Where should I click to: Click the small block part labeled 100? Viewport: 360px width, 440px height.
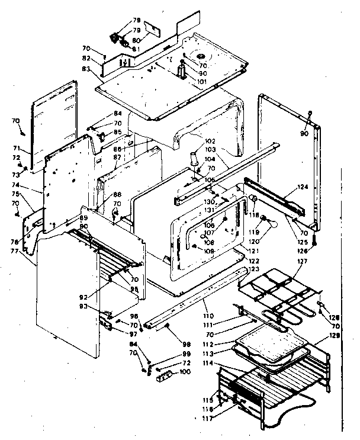tap(165, 375)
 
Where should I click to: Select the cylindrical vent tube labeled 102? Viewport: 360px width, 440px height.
tap(193, 160)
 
